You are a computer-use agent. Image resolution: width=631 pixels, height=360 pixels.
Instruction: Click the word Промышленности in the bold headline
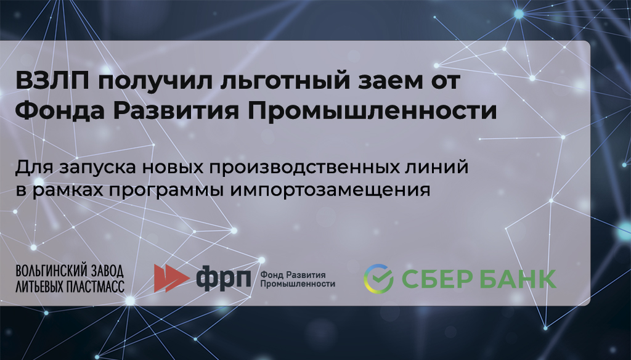[372, 111]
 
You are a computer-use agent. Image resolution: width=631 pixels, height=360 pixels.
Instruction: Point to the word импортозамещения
[330, 190]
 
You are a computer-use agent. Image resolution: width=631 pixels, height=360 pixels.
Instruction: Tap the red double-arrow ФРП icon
[172, 278]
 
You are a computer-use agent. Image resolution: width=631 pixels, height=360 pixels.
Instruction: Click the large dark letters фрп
[223, 279]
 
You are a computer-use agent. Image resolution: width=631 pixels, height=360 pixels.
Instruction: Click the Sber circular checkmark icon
[379, 279]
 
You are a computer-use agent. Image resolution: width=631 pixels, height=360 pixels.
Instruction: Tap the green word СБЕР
[436, 279]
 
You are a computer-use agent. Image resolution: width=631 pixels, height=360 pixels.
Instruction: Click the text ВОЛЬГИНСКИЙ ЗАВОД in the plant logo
[70, 271]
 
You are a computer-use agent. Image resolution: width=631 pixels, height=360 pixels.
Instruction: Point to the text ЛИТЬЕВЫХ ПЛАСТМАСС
[70, 286]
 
